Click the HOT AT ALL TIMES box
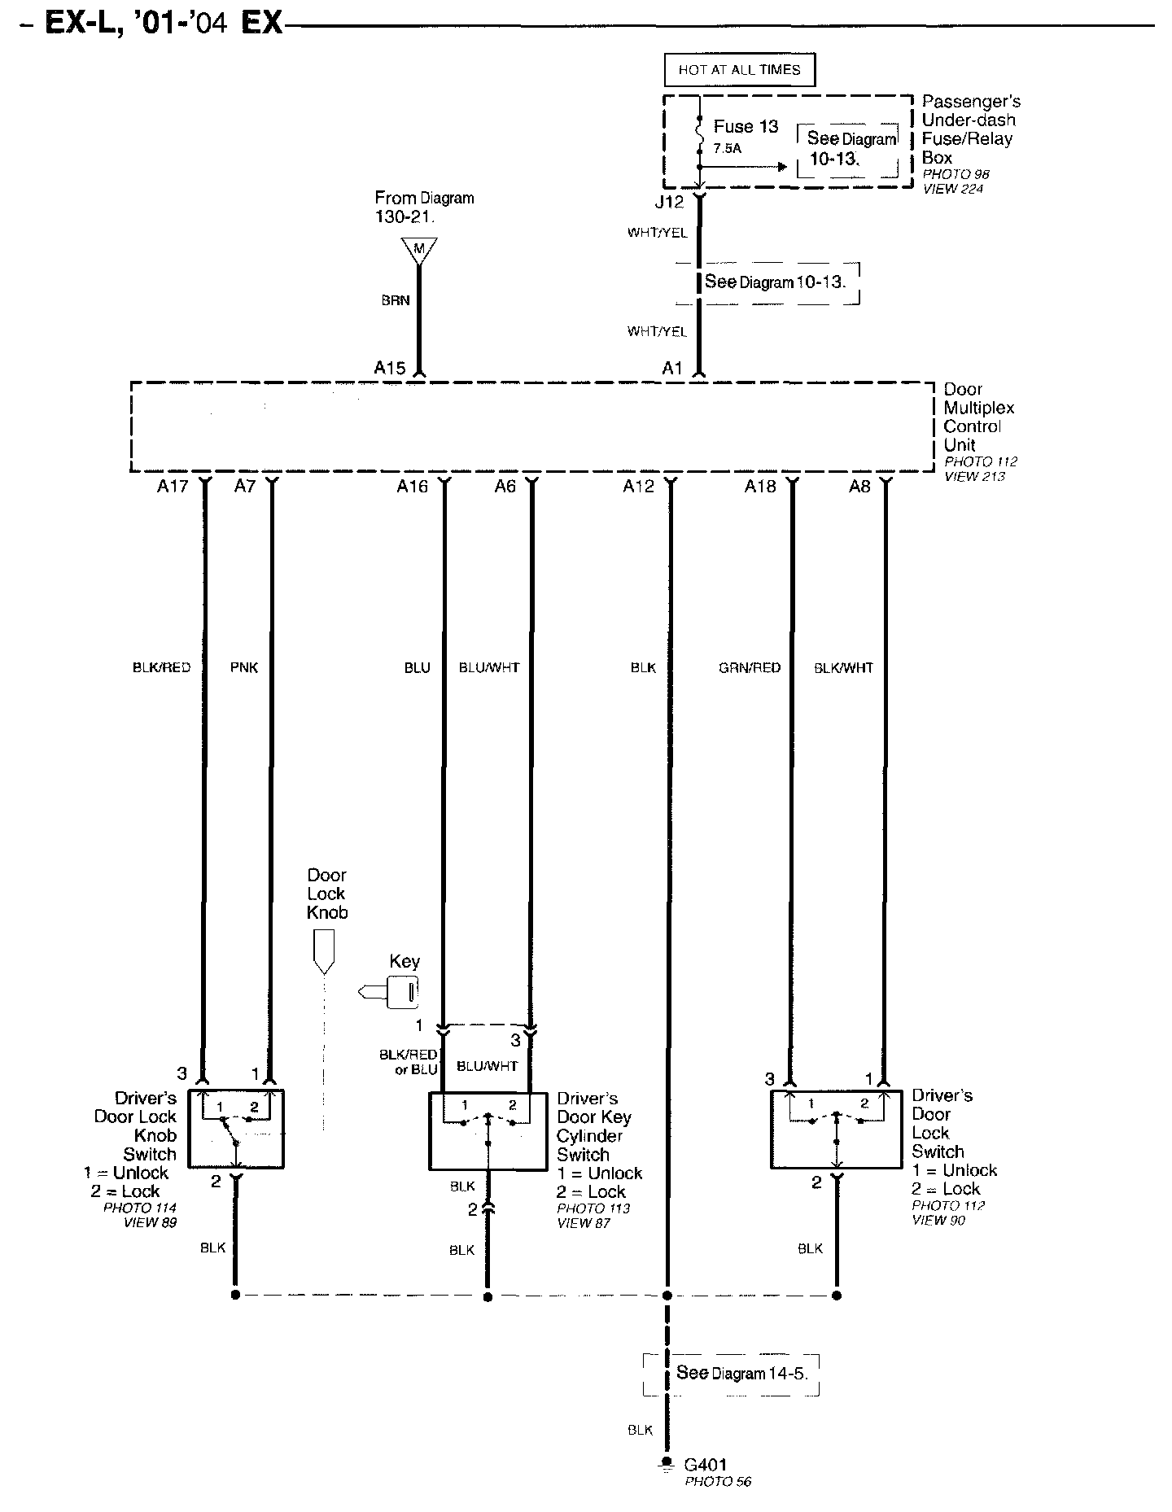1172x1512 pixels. tap(739, 70)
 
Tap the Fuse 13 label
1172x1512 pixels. tap(746, 127)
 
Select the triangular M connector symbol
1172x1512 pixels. tap(419, 249)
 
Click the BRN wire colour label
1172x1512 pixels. tap(396, 300)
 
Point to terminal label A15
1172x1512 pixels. tap(390, 368)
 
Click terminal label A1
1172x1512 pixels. tap(672, 368)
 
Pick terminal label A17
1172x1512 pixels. tap(173, 487)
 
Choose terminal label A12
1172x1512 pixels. tap(639, 487)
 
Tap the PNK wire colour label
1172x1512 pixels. tap(244, 667)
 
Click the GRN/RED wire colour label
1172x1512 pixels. tap(750, 667)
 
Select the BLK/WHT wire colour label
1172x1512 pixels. tap(843, 667)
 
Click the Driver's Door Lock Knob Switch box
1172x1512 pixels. tap(236, 1129)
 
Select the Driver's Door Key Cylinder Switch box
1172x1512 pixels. tap(488, 1131)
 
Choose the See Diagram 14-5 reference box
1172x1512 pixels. tap(731, 1375)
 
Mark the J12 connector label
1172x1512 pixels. tap(670, 202)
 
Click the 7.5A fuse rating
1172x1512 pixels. tap(728, 149)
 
